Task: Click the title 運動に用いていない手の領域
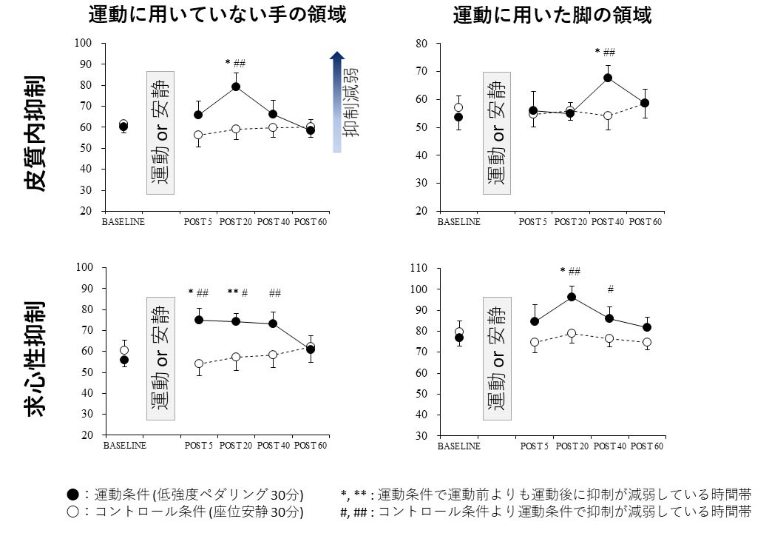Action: (x=217, y=14)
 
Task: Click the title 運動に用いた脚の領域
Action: (x=552, y=14)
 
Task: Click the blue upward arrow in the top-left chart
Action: (x=337, y=101)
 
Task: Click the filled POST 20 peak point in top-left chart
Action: (x=236, y=87)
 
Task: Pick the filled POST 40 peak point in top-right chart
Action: (x=608, y=78)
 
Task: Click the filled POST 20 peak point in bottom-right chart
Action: (x=572, y=297)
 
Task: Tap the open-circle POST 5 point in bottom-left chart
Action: (x=198, y=363)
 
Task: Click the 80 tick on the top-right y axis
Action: (x=423, y=44)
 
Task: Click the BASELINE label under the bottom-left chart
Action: (x=124, y=446)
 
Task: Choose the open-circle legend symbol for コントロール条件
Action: (x=72, y=511)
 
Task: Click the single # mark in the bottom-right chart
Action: (x=611, y=289)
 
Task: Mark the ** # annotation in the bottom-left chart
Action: (x=237, y=292)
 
